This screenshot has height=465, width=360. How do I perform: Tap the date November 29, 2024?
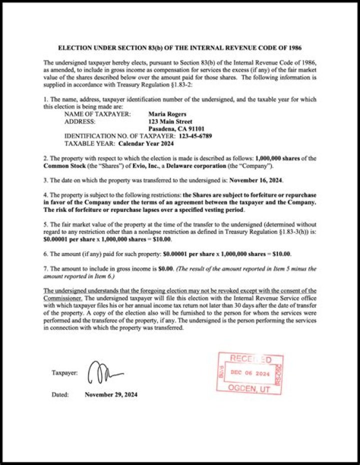[111, 394]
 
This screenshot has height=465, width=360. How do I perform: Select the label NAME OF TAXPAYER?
[97, 114]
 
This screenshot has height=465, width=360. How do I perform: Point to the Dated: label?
[60, 394]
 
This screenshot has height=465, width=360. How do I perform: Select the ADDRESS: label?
[80, 121]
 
